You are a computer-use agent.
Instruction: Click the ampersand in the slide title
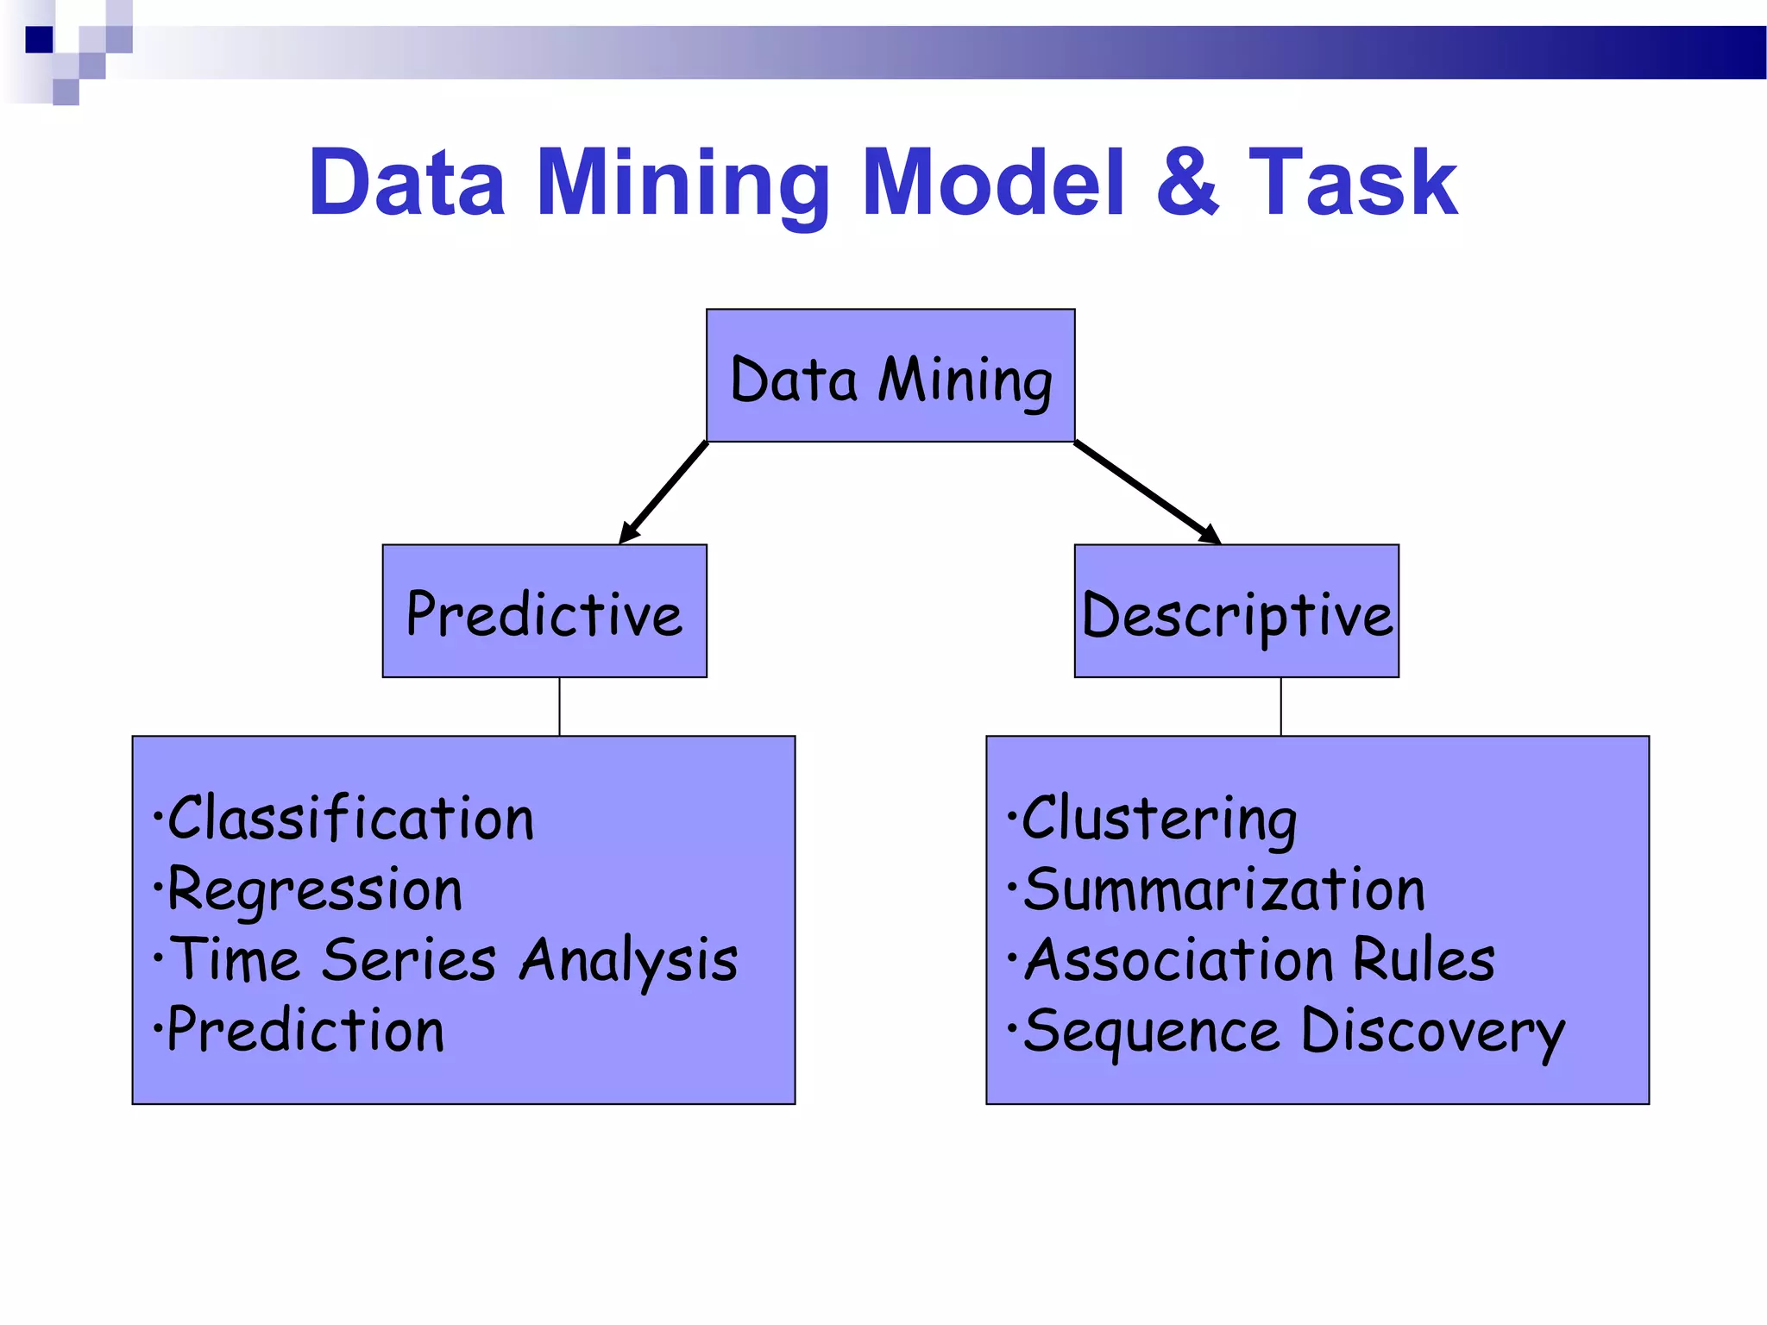tap(1188, 182)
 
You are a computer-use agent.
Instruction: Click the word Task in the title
tap(1353, 182)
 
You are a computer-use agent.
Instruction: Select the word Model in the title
tap(994, 182)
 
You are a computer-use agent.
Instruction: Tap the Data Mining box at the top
tap(890, 376)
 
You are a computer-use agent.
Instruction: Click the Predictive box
tap(544, 612)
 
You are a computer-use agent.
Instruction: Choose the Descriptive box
tap(1236, 612)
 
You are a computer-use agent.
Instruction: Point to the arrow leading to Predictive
tap(663, 493)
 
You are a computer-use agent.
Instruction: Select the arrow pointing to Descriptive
tap(1147, 493)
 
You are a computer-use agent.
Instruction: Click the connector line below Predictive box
tap(559, 706)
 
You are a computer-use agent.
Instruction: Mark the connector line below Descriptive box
tap(1281, 706)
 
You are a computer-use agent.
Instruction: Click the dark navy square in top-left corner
tap(39, 40)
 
